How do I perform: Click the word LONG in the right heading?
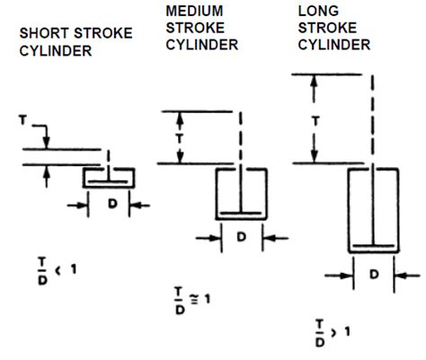pyautogui.click(x=316, y=10)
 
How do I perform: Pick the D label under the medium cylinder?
pyautogui.click(x=241, y=236)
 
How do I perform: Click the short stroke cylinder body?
pyautogui.click(x=110, y=177)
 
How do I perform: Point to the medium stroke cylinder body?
pyautogui.click(x=241, y=192)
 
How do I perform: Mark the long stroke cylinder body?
pyautogui.click(x=373, y=209)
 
